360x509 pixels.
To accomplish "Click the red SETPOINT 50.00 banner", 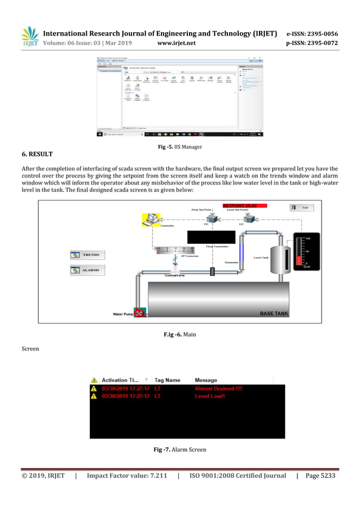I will [244, 205].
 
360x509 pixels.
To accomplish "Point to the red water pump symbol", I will [140, 311].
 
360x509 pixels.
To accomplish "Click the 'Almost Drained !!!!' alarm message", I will [218, 389].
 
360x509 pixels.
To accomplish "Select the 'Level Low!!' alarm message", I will [210, 397].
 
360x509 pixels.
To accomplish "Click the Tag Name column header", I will [167, 380].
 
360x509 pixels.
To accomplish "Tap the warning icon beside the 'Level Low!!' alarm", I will [94, 397].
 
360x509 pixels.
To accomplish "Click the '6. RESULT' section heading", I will [37, 153].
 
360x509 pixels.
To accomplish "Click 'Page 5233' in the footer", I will [320, 476].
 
